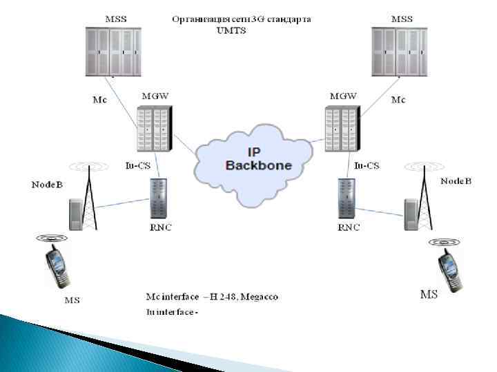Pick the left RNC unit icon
click(x=159, y=199)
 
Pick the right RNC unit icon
click(x=346, y=199)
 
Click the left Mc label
click(x=100, y=100)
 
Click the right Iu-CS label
click(x=366, y=165)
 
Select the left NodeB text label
click(x=47, y=185)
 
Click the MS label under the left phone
click(x=72, y=300)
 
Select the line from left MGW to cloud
click(x=184, y=144)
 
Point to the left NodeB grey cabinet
click(x=73, y=214)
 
